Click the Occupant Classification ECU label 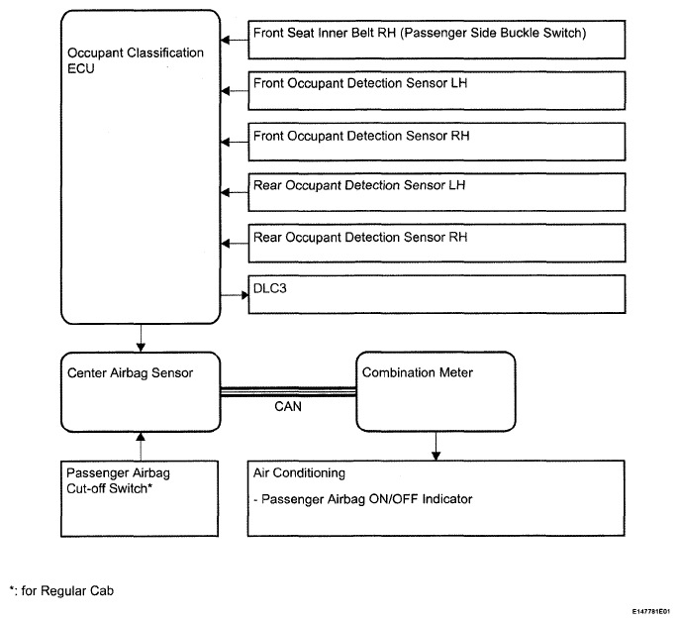[x=135, y=60]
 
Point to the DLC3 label [x=270, y=288]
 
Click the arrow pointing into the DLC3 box [x=235, y=295]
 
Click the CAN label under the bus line [x=288, y=406]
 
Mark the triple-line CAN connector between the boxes [x=288, y=392]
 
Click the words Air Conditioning [x=299, y=473]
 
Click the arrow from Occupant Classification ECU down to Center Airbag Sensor [x=141, y=338]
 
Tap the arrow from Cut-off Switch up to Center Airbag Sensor [x=141, y=447]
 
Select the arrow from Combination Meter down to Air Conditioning [x=436, y=447]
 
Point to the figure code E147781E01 [x=651, y=612]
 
